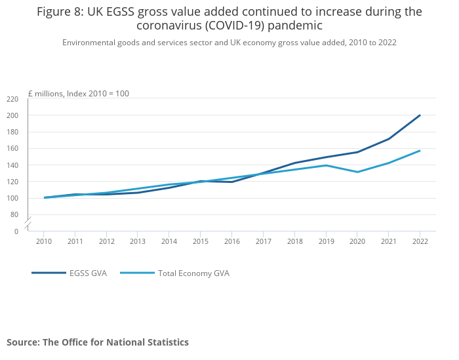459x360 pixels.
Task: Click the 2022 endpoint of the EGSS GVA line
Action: click(420, 115)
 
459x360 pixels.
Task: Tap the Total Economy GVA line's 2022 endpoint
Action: click(420, 151)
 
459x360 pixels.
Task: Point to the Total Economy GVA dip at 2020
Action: click(357, 172)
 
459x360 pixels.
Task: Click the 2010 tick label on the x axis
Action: click(43, 241)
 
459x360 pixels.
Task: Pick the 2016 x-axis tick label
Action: click(231, 241)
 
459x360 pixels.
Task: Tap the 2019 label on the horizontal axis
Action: click(326, 241)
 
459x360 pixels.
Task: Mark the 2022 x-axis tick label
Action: click(420, 241)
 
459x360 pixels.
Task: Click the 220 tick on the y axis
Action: click(12, 99)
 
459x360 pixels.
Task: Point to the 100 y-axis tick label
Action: click(12, 198)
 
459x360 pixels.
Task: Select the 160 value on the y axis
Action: click(12, 148)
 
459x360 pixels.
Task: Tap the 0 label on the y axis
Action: click(16, 231)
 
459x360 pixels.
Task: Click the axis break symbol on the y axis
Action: click(28, 223)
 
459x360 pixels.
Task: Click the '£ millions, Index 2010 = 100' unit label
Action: click(78, 94)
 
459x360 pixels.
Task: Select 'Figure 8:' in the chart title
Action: click(60, 12)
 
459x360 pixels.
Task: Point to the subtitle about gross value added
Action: click(229, 42)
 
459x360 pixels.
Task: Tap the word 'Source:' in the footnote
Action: click(23, 342)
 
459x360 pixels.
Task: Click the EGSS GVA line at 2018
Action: click(294, 163)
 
